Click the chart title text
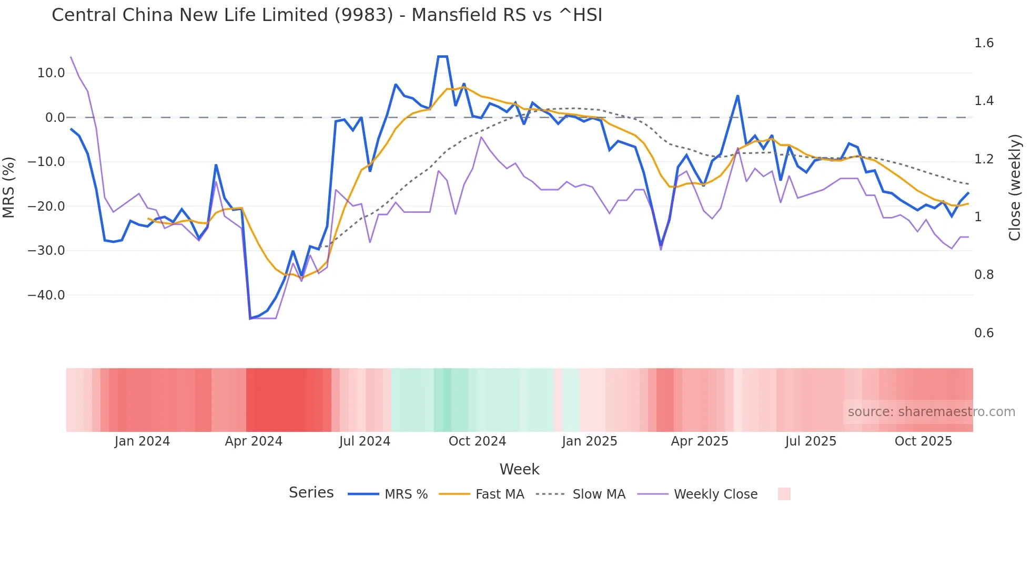(327, 15)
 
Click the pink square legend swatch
(784, 494)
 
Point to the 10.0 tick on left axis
(51, 73)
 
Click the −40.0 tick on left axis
(47, 295)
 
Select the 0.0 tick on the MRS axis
(55, 118)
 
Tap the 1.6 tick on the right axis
(984, 43)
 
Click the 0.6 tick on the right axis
(984, 333)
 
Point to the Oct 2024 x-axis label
(477, 441)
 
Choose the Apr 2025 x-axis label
(699, 441)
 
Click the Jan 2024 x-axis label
(142, 441)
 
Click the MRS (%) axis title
(9, 187)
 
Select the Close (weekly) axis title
(1015, 188)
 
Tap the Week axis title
(519, 469)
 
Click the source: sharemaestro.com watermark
(931, 412)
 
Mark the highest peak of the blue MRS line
(442, 56)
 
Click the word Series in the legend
(311, 493)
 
